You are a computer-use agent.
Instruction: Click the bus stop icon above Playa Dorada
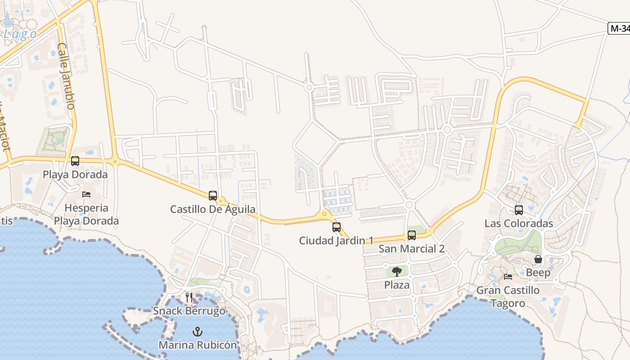tap(75, 161)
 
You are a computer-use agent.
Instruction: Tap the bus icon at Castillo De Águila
tap(213, 196)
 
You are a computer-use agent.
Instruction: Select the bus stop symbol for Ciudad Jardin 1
tap(337, 227)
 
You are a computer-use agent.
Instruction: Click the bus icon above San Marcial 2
tap(412, 235)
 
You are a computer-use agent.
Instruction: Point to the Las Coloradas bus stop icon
tap(519, 210)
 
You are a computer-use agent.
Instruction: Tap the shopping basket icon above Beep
tap(538, 260)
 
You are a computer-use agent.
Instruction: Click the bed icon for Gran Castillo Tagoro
tap(508, 277)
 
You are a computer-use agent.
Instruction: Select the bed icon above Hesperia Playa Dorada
tap(86, 194)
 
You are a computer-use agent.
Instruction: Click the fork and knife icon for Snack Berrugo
tap(189, 297)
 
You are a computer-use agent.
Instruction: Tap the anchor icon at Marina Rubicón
tap(197, 332)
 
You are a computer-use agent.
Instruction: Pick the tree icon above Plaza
tap(396, 271)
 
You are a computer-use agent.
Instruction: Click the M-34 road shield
tap(619, 29)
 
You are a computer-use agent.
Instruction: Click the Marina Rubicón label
tap(198, 345)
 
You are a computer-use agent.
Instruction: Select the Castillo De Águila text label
tap(213, 209)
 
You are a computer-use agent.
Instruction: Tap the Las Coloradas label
tap(519, 223)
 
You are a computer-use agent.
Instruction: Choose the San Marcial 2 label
tap(411, 249)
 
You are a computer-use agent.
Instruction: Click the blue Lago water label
tap(20, 34)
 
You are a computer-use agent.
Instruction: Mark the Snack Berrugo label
tap(189, 311)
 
